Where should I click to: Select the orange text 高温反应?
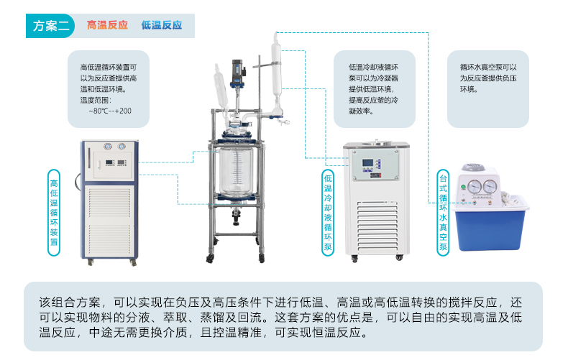(107, 26)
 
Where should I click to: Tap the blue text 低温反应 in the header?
(162, 26)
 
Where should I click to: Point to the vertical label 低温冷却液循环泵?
(329, 213)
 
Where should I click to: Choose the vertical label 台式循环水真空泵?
(443, 212)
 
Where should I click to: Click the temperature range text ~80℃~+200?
(110, 111)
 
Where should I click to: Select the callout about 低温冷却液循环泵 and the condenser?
(374, 89)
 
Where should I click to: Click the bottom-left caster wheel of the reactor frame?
(211, 258)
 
